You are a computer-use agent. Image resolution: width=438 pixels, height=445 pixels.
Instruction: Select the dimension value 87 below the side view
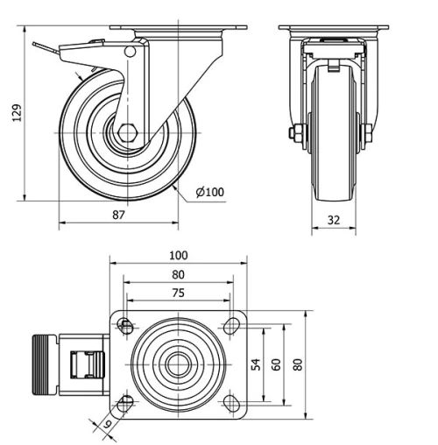click(x=118, y=215)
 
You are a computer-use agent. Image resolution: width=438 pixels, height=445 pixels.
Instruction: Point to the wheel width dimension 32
click(x=334, y=221)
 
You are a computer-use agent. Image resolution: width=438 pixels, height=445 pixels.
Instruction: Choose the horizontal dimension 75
click(x=179, y=294)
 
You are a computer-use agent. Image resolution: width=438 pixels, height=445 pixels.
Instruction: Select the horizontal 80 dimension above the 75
click(x=179, y=274)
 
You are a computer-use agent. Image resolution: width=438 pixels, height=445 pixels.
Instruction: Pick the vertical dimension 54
click(x=258, y=364)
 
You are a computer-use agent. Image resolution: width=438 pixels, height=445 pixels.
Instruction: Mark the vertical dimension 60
click(x=277, y=364)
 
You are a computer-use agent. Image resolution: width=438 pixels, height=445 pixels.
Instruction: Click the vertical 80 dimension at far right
click(x=298, y=364)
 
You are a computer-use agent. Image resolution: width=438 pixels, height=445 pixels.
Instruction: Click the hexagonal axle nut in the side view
click(x=128, y=136)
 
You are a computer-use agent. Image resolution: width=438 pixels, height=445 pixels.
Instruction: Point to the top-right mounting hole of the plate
click(x=232, y=327)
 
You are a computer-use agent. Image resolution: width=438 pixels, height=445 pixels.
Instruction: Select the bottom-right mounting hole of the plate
click(x=232, y=402)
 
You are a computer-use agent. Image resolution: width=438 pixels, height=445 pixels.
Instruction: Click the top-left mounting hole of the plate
click(x=126, y=327)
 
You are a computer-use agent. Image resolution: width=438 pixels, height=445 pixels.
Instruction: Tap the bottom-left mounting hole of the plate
click(x=126, y=402)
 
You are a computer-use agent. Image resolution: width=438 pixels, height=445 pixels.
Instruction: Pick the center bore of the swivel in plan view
click(x=179, y=364)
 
